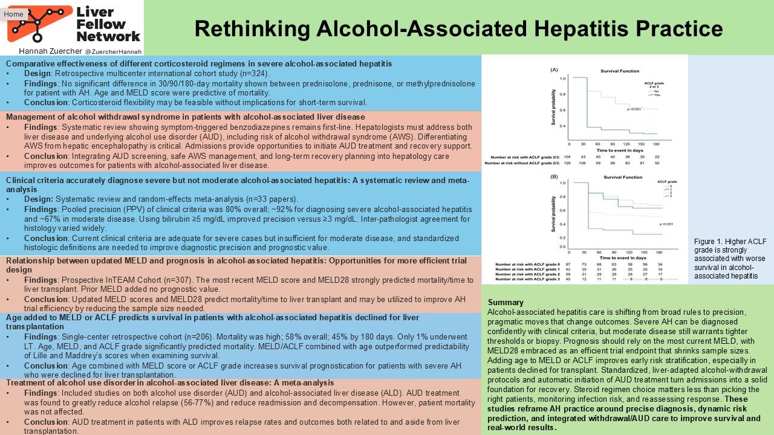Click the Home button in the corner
tap(14, 14)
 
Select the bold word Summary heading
tap(506, 302)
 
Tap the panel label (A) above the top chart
tap(553, 70)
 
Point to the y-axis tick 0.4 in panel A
tap(562, 126)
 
